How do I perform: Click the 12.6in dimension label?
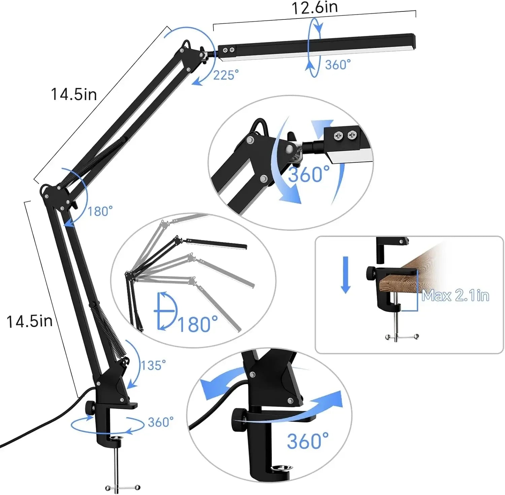coord(314,7)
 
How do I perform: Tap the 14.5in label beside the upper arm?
coord(74,94)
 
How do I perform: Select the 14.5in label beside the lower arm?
coord(30,321)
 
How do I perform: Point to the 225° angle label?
coord(226,75)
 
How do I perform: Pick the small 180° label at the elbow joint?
coord(100,211)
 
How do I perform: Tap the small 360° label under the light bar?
coord(338,64)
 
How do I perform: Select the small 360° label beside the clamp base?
coord(161,422)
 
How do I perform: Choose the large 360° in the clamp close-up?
coord(307,441)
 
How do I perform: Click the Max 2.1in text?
coord(455,296)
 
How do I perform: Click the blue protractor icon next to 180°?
coord(166,311)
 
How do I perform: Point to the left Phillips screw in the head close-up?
coord(338,135)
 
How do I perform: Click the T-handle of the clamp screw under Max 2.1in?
coord(402,336)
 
